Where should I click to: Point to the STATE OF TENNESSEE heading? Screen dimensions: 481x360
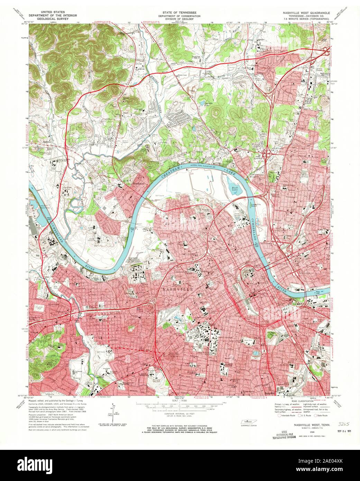coord(179,12)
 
